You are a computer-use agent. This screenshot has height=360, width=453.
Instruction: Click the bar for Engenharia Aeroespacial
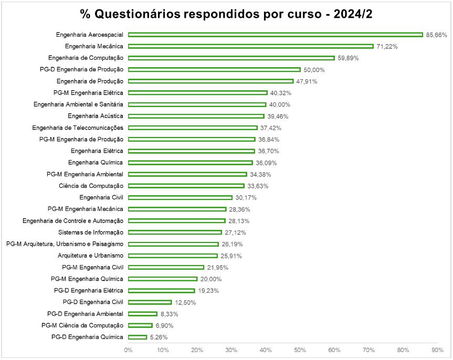click(x=275, y=35)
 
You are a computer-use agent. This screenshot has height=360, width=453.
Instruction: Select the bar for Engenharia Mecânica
click(x=250, y=46)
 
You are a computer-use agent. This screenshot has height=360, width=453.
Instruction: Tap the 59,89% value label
click(x=348, y=58)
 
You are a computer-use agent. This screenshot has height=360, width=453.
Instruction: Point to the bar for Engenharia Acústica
click(x=196, y=116)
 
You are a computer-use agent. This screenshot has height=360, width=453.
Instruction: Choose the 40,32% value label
click(x=281, y=93)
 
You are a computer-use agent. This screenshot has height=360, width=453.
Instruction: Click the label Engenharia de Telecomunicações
click(x=78, y=128)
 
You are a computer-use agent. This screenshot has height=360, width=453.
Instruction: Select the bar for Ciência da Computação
click(x=186, y=186)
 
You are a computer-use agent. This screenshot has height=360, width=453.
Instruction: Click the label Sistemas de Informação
click(x=90, y=232)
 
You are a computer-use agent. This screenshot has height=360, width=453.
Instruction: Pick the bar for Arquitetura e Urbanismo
click(x=173, y=256)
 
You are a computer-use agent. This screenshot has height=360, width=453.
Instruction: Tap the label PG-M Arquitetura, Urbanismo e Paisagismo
click(x=65, y=244)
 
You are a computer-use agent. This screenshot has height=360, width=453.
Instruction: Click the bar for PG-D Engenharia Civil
click(x=150, y=302)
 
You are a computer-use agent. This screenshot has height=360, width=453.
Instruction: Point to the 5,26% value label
click(x=159, y=337)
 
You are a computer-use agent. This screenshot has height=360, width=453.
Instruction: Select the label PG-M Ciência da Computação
click(x=82, y=325)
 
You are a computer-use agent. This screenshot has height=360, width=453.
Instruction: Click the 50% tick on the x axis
click(x=300, y=350)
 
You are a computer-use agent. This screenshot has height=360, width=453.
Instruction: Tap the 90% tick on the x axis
click(x=437, y=350)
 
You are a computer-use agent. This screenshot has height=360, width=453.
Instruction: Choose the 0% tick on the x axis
click(x=128, y=350)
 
